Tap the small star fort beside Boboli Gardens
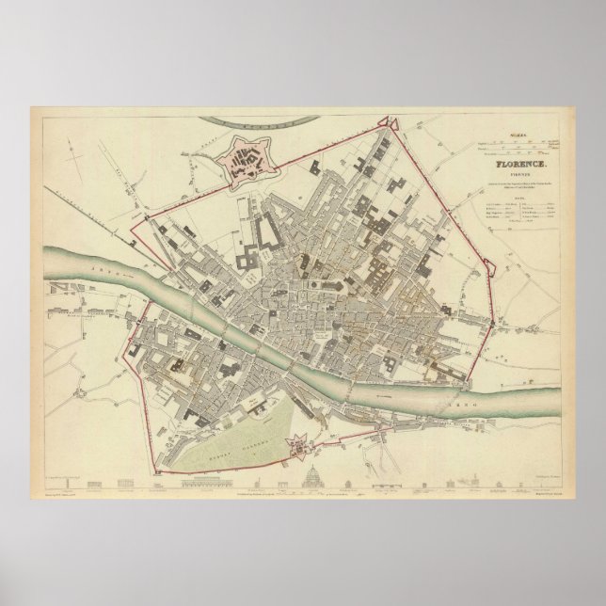click(x=296, y=443)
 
